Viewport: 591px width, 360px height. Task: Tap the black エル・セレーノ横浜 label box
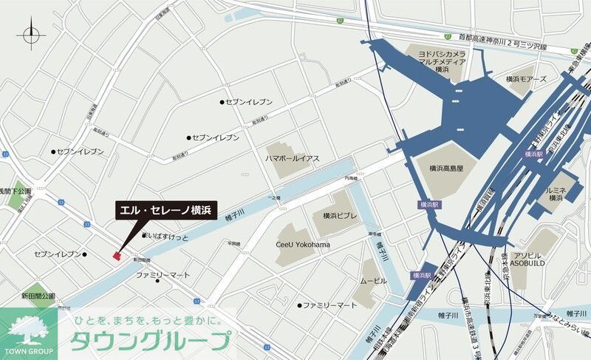[x=165, y=211]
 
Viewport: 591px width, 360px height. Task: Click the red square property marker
[x=116, y=256]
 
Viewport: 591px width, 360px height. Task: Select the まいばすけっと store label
[x=167, y=237]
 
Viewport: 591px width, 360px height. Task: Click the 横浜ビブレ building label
[x=339, y=216]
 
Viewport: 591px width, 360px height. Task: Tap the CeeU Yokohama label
[x=303, y=245]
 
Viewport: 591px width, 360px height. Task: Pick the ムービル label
[x=373, y=282]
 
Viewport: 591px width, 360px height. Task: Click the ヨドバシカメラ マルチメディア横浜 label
[x=442, y=62]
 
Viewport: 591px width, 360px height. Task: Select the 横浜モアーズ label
[x=527, y=78]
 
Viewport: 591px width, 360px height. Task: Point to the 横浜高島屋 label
[x=446, y=168]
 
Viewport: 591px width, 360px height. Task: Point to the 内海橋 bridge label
[x=350, y=179]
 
